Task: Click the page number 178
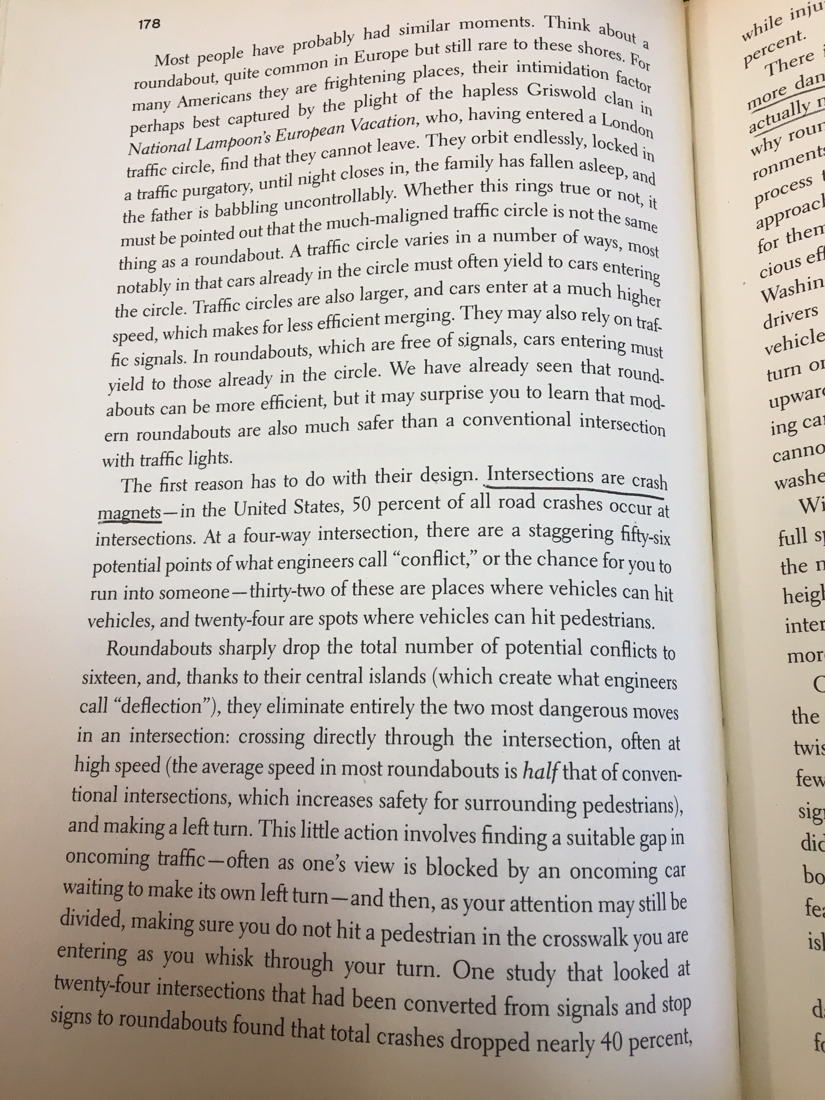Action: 148,24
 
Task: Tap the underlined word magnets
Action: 129,513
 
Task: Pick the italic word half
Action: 540,771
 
